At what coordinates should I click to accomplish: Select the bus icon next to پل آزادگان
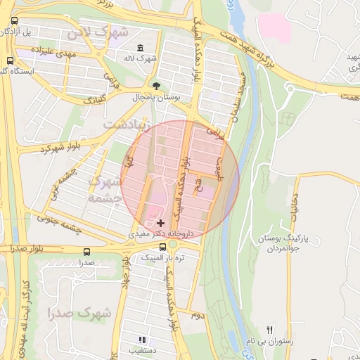click(x=14, y=20)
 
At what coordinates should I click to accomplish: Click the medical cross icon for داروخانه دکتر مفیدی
click(x=161, y=222)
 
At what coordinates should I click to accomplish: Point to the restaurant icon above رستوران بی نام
click(x=269, y=330)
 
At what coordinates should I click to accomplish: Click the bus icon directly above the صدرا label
click(x=86, y=251)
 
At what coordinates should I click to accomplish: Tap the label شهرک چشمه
click(x=102, y=188)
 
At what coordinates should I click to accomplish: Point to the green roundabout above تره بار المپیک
click(x=172, y=244)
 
